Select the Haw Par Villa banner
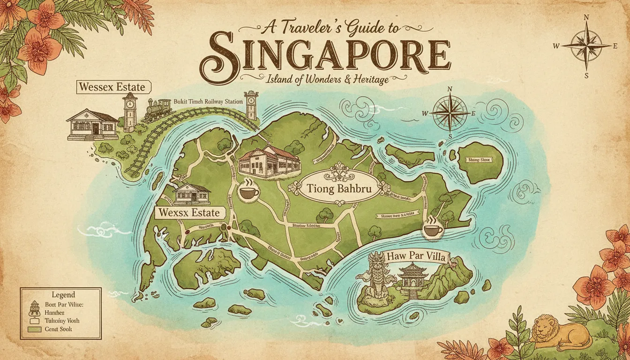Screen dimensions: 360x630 (x=416, y=256)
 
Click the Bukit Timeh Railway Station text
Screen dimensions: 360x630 (x=208, y=101)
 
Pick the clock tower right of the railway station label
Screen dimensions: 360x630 (x=252, y=105)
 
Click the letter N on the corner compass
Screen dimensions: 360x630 (x=586, y=18)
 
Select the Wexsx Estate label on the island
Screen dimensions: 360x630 (x=189, y=213)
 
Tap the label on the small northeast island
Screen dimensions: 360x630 (x=479, y=160)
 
